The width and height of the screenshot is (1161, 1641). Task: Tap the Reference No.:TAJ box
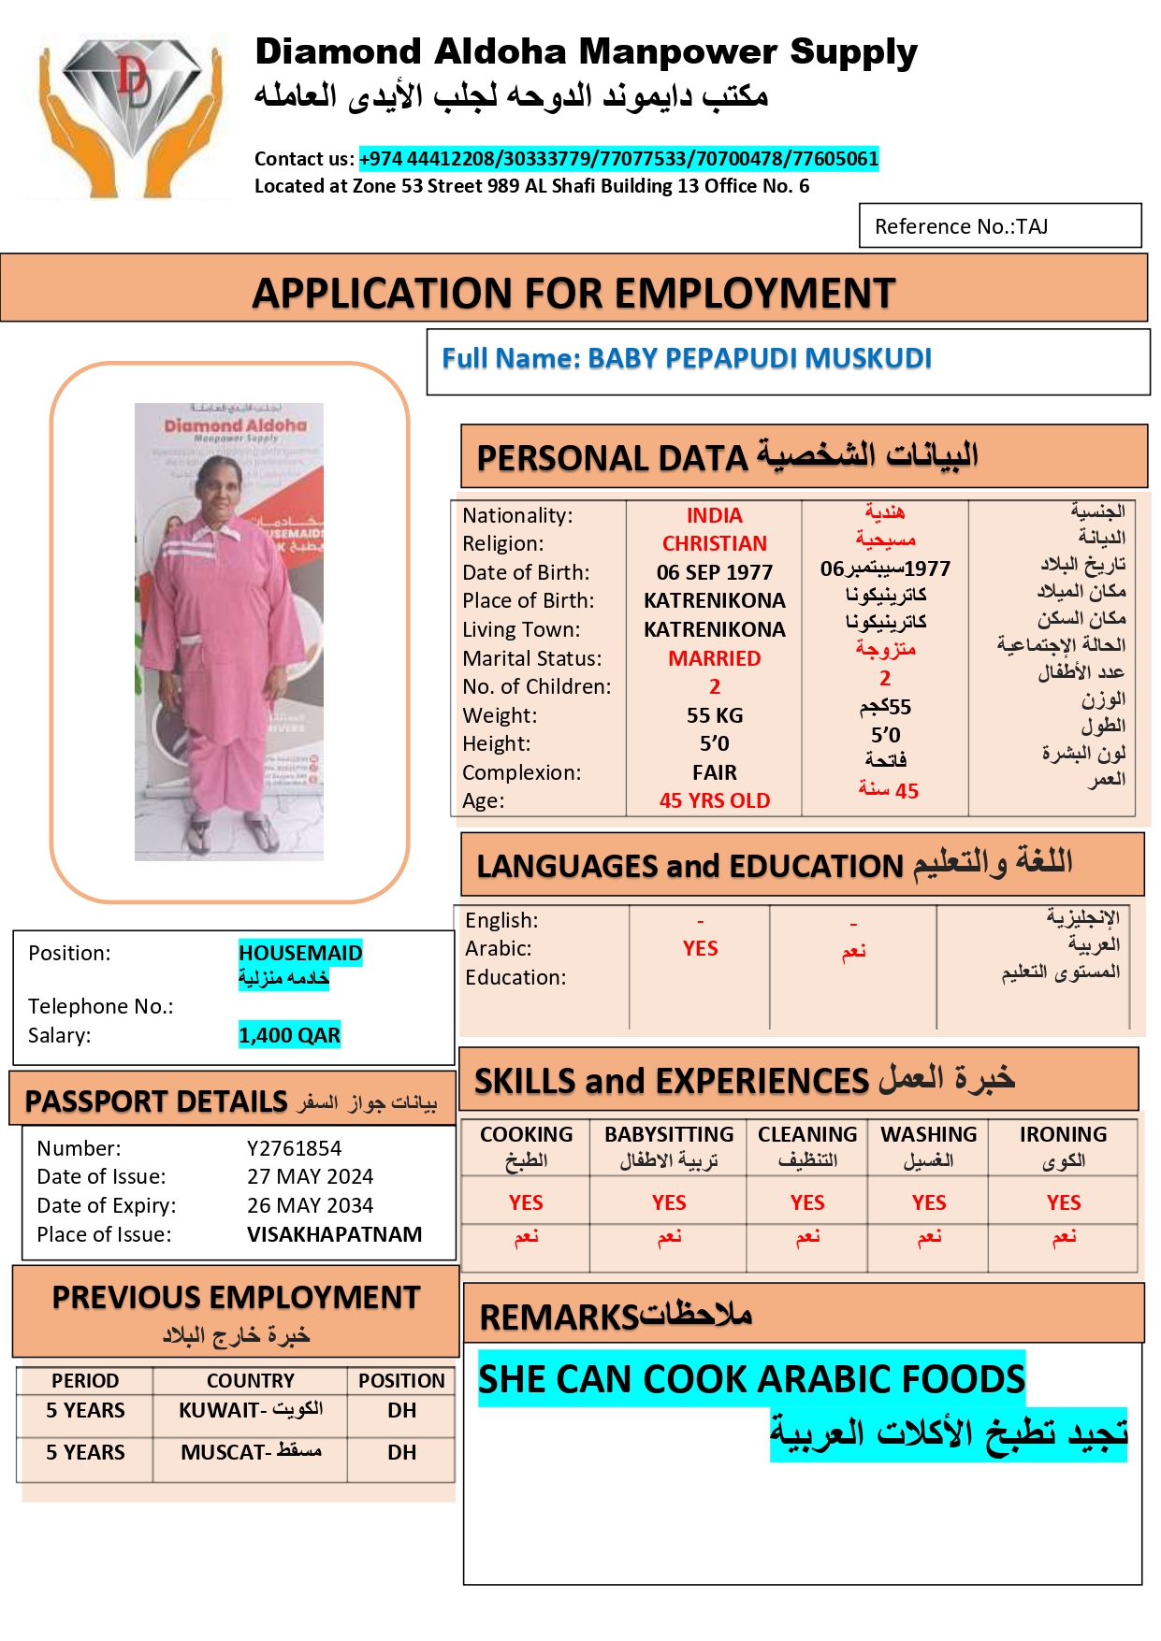coord(999,226)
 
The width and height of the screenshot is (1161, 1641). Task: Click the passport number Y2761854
coord(294,1148)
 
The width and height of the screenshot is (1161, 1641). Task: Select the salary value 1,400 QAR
coord(289,1035)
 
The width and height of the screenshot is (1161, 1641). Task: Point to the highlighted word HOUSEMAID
coord(300,953)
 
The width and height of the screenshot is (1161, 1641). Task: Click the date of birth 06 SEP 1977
coord(714,572)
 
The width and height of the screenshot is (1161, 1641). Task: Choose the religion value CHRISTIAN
coord(714,543)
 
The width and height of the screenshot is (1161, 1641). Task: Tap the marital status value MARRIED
coord(714,658)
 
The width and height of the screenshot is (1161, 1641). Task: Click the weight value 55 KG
coord(714,715)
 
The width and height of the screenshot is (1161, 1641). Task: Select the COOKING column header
coord(526,1135)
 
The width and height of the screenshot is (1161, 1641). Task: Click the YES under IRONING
coord(1063,1202)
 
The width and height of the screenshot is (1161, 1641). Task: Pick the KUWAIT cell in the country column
coord(250,1410)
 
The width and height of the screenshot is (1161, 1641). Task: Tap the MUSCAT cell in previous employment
coord(250,1452)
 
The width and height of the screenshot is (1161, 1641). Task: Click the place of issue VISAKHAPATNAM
coord(334,1234)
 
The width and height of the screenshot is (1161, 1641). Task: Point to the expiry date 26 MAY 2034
coord(310,1205)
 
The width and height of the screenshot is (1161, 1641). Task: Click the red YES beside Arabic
coord(700,948)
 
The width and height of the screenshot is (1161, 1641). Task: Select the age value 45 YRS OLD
coord(714,800)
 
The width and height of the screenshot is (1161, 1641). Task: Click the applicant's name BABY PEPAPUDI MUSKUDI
coord(759,359)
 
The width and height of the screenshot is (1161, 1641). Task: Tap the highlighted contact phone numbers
coord(618,159)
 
